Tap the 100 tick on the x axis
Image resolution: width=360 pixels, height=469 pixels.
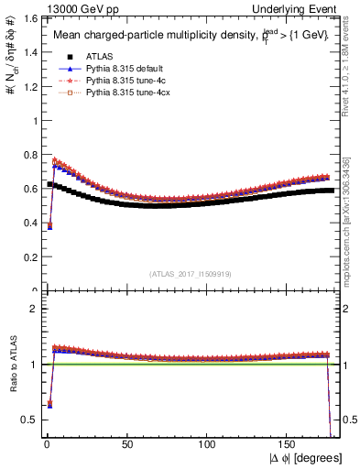(x=208, y=443)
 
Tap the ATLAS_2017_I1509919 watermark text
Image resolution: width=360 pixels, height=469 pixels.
(x=190, y=273)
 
